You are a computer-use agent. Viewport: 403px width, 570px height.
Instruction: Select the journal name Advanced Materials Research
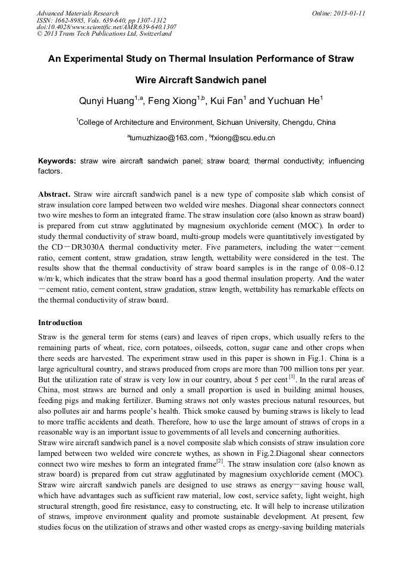tap(77, 13)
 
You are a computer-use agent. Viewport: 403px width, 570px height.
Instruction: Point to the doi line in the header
tap(106, 27)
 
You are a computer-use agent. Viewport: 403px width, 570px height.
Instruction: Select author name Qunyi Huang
tap(106, 101)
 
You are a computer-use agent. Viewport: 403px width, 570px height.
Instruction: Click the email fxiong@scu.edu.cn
tap(243, 138)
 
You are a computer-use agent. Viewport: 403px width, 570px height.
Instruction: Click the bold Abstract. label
tap(55, 194)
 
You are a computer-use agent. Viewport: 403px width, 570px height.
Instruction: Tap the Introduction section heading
tap(60, 323)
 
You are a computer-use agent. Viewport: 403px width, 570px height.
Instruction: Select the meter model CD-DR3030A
tap(80, 246)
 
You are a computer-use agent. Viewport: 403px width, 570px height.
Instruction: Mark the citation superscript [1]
tap(292, 377)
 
